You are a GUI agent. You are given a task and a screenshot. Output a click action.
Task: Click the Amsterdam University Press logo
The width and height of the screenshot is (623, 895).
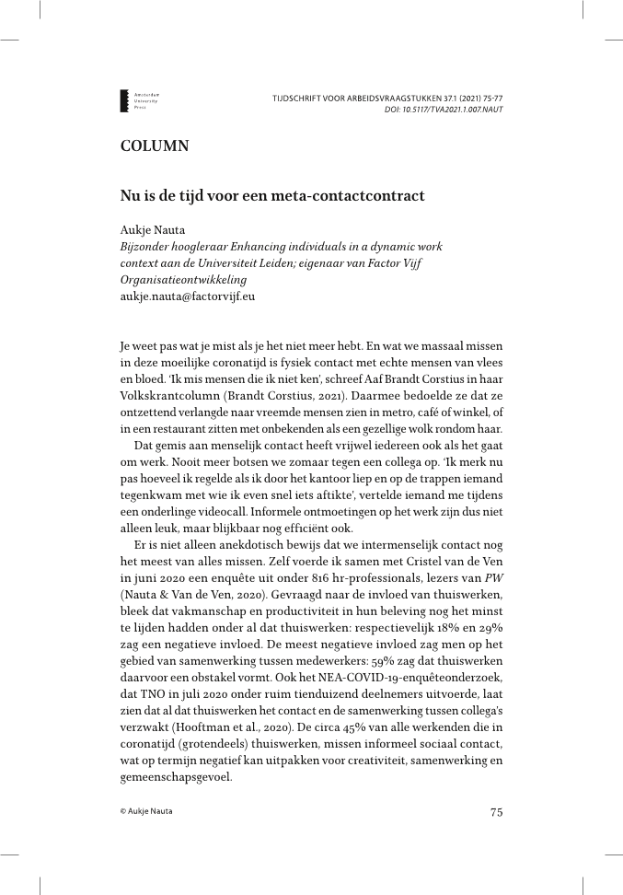[138, 100]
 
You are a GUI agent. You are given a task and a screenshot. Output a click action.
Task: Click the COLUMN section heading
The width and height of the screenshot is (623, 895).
[155, 145]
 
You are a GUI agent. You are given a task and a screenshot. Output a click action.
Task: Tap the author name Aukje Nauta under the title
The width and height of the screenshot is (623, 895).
[153, 231]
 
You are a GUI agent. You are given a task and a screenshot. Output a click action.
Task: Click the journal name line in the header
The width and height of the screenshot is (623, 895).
[387, 97]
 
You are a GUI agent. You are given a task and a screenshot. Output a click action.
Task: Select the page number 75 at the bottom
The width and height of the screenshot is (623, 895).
[496, 811]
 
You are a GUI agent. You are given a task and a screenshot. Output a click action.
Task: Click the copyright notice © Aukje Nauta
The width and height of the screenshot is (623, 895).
[146, 811]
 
